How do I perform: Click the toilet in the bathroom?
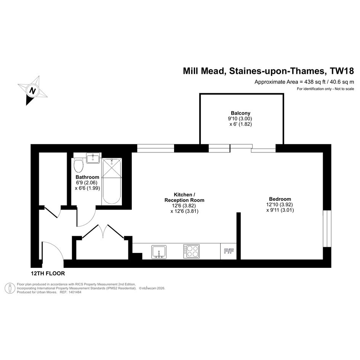(x=78, y=166)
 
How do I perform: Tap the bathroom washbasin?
(x=93, y=158)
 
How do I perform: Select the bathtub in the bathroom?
(x=112, y=181)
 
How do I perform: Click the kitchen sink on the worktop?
(x=159, y=252)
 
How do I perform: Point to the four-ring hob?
(x=192, y=251)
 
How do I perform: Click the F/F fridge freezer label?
(x=229, y=251)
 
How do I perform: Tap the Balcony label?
(x=240, y=113)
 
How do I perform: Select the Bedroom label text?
(x=280, y=199)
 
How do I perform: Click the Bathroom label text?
(x=87, y=177)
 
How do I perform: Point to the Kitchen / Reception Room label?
(x=184, y=197)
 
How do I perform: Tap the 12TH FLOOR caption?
(x=48, y=274)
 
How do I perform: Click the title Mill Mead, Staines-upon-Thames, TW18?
(x=269, y=71)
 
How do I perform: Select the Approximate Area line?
(x=304, y=82)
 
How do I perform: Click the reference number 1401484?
(x=74, y=292)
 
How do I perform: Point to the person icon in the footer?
(x=10, y=288)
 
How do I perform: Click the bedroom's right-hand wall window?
(x=327, y=229)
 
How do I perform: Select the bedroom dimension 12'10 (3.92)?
(x=280, y=205)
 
